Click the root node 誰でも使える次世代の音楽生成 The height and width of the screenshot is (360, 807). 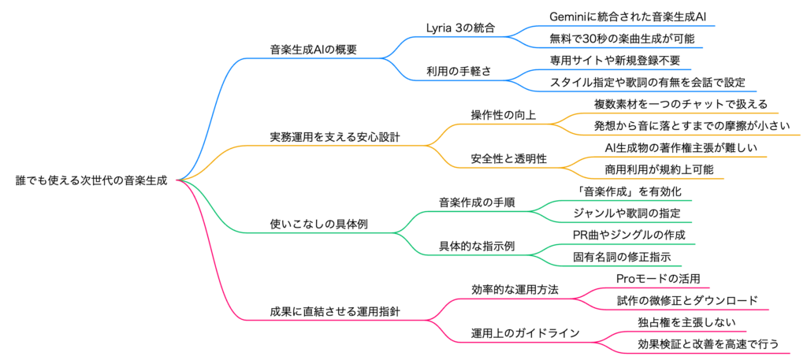pyautogui.click(x=91, y=180)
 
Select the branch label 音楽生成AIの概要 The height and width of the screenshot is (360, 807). pyautogui.click(x=313, y=49)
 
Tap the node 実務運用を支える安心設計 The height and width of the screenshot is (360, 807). pyautogui.click(x=334, y=136)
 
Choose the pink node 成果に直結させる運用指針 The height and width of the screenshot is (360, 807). pyautogui.click(x=334, y=312)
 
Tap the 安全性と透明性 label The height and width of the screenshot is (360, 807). pyautogui.click(x=508, y=158)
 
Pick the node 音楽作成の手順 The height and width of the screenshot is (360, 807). pyautogui.click(x=477, y=202)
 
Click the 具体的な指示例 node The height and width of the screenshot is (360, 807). pyautogui.click(x=477, y=247)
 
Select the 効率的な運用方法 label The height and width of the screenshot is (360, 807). pyautogui.click(x=515, y=290)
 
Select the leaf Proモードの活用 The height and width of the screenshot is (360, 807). pyautogui.click(x=658, y=279)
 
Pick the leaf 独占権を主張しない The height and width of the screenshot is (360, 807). pyautogui.click(x=677, y=323)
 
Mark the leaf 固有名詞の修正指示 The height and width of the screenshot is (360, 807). pyautogui.click(x=622, y=257)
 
